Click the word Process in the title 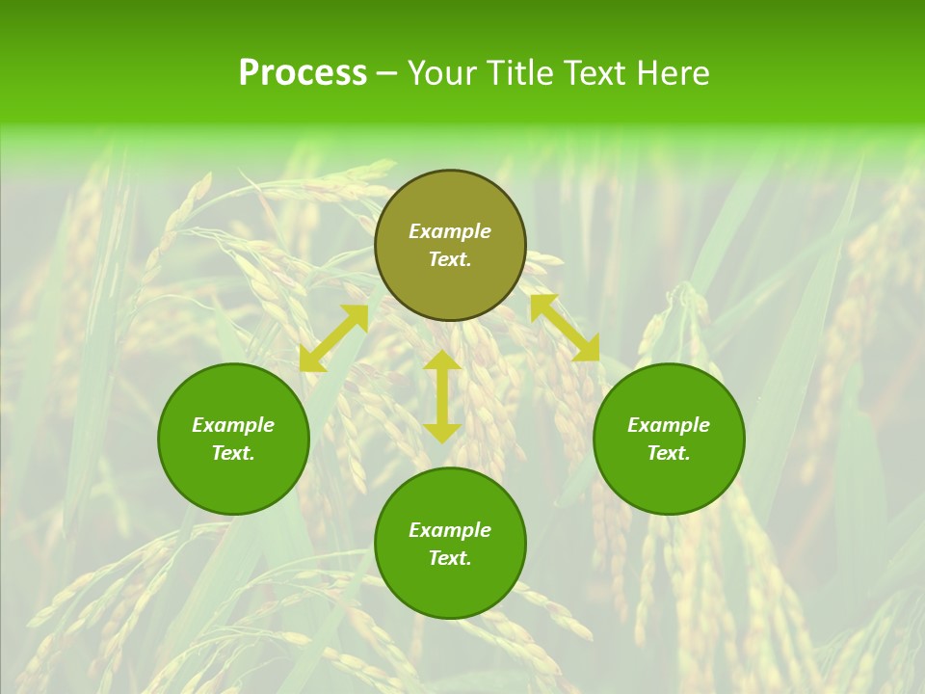(303, 73)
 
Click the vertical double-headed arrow (442, 396)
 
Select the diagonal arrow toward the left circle (333, 338)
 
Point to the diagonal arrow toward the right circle (565, 328)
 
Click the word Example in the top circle (450, 231)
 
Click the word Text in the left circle (233, 453)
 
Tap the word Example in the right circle (669, 425)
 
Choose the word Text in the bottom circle (450, 558)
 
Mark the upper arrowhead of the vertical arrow (442, 360)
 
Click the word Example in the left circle (233, 425)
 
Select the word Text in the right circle (669, 453)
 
